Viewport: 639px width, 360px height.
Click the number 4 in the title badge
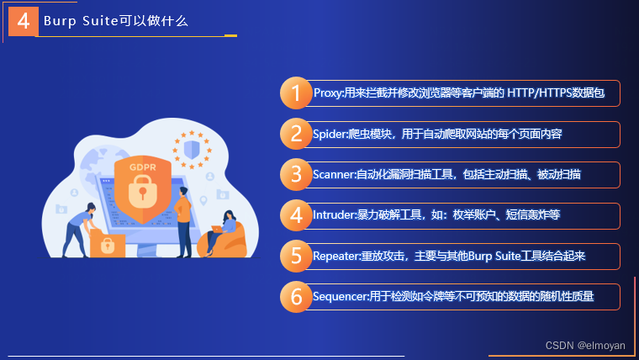click(23, 22)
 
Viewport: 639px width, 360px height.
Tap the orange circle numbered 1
click(295, 93)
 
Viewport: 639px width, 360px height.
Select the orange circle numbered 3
click(295, 174)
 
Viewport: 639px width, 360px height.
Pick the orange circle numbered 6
click(295, 296)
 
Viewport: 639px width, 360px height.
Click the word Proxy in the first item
click(327, 93)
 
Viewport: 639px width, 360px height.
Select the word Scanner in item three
click(334, 174)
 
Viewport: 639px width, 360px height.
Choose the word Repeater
click(335, 256)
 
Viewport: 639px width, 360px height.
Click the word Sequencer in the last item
click(340, 296)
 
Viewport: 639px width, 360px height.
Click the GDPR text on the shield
click(142, 167)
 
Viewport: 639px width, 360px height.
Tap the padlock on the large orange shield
click(142, 194)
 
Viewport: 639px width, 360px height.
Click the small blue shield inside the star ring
click(191, 150)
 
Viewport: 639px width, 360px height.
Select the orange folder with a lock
click(108, 244)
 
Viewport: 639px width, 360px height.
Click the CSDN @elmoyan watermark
click(584, 345)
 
